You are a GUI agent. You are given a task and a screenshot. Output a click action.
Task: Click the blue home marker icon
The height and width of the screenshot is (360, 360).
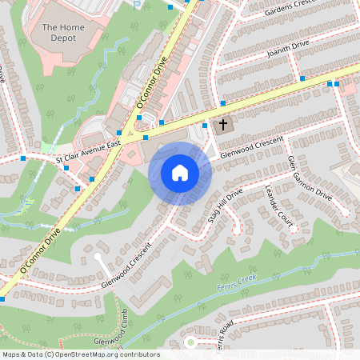(x=180, y=173)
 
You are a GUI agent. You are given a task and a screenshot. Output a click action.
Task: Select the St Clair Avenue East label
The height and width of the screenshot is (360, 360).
(x=87, y=150)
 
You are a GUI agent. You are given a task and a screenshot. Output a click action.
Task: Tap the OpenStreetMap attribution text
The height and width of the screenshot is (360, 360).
(x=81, y=354)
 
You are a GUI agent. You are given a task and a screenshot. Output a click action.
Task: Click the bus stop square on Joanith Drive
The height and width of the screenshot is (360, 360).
(x=302, y=78)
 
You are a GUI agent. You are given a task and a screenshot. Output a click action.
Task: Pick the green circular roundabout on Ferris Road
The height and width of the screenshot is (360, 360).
(x=190, y=343)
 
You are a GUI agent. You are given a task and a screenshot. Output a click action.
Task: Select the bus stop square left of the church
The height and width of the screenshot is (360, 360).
(x=206, y=125)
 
